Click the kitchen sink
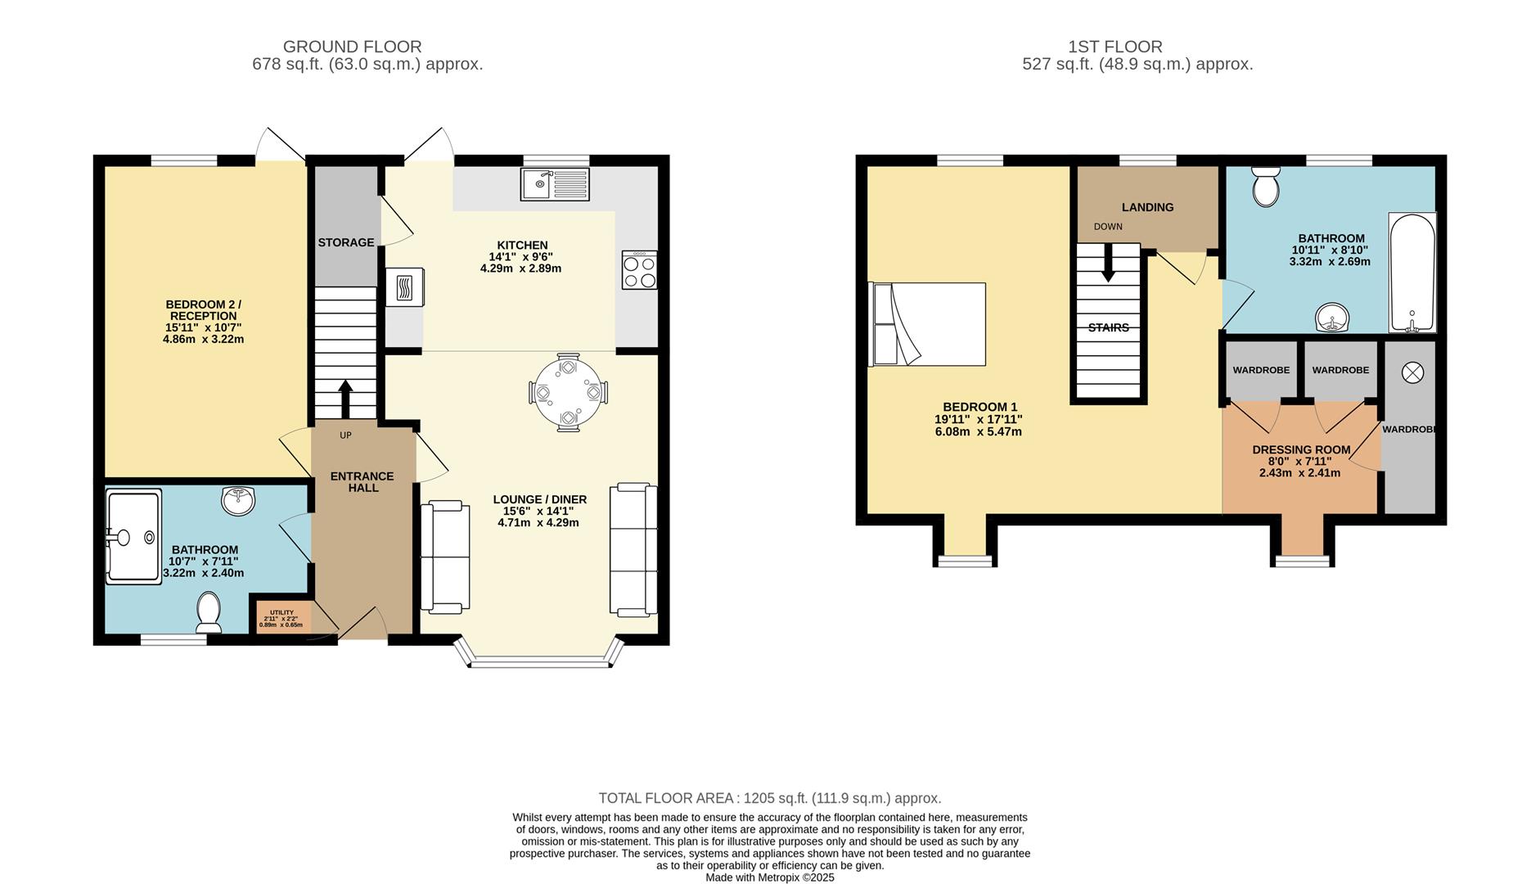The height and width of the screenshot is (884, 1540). click(554, 184)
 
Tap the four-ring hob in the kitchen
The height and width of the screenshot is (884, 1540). click(639, 269)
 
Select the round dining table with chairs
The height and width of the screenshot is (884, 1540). click(568, 392)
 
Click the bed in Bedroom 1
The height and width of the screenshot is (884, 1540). click(928, 324)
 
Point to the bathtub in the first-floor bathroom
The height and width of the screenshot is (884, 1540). click(1412, 273)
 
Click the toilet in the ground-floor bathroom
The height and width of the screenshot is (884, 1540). click(209, 612)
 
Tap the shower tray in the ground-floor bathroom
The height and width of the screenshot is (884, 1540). click(133, 536)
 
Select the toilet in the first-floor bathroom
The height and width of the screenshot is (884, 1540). click(1266, 187)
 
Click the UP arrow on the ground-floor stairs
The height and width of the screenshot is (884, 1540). click(345, 399)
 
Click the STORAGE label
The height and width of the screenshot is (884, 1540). click(346, 242)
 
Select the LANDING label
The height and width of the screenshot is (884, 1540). click(1147, 207)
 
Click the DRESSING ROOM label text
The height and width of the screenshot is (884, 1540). click(1301, 449)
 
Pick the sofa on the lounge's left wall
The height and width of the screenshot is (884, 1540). click(445, 557)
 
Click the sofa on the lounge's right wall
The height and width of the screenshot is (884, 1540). click(633, 549)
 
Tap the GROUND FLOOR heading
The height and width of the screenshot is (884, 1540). click(353, 47)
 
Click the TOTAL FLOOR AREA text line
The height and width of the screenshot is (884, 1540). click(770, 798)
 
